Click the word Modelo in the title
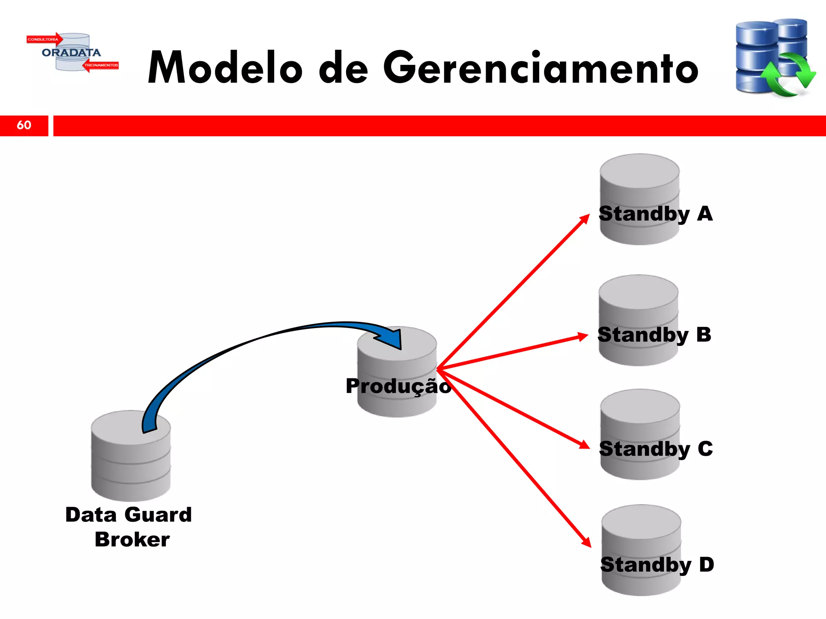click(x=225, y=68)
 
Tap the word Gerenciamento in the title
click(x=540, y=68)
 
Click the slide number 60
click(x=24, y=125)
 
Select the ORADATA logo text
click(x=71, y=53)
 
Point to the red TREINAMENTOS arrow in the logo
click(x=101, y=65)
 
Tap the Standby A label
click(x=656, y=214)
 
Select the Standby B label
click(x=654, y=334)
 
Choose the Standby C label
click(x=656, y=449)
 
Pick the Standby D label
click(x=657, y=564)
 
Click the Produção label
click(x=398, y=386)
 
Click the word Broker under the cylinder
click(x=132, y=540)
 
